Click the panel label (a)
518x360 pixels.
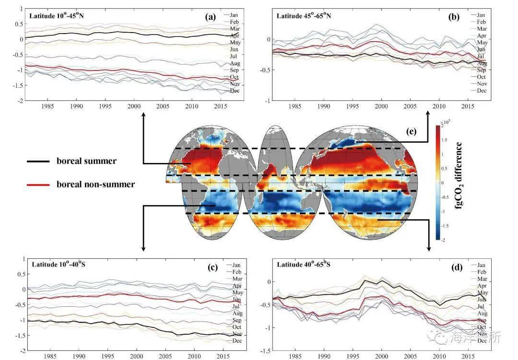tap(210, 17)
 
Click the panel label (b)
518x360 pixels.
tap(454, 17)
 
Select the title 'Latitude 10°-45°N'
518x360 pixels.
tap(58, 16)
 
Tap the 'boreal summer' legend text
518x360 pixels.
tap(86, 161)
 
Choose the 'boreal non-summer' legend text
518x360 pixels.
tap(95, 184)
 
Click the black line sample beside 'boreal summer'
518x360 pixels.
tap(38, 162)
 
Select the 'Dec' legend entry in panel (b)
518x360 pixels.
tap(481, 90)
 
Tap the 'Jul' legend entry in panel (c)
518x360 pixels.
tap(236, 306)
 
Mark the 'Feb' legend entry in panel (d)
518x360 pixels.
tap(482, 272)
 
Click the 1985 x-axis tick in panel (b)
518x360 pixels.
tap(295, 105)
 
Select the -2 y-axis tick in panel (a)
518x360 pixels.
tap(21, 101)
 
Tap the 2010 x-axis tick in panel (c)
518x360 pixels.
tap(195, 357)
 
